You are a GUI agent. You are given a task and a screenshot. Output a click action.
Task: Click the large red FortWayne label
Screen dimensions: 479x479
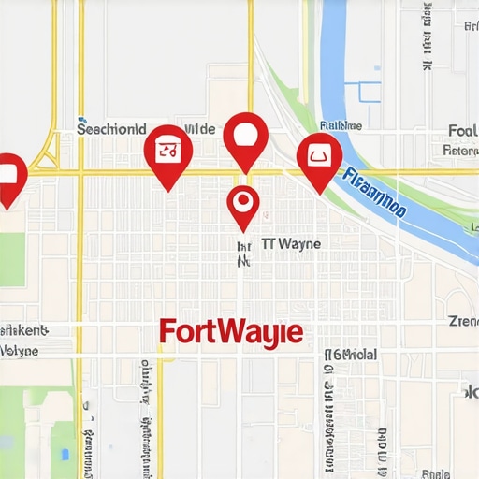(x=230, y=332)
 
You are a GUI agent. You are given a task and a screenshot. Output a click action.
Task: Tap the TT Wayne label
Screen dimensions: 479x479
(x=291, y=244)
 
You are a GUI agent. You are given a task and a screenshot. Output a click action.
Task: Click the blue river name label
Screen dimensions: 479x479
(x=374, y=193)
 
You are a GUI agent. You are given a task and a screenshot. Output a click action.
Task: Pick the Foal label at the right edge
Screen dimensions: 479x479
(x=462, y=131)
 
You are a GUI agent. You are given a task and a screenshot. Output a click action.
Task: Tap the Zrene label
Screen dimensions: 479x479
(x=463, y=321)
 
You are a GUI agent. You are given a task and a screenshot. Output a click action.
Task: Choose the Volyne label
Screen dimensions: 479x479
(x=19, y=351)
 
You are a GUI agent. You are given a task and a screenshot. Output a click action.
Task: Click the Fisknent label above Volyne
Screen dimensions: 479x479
(x=22, y=330)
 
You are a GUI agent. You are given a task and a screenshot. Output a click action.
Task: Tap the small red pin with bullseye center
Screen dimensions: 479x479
(x=243, y=204)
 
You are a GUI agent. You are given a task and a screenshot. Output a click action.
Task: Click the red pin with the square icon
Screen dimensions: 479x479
(x=168, y=150)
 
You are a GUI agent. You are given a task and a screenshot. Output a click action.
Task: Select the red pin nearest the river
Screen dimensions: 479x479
(x=318, y=157)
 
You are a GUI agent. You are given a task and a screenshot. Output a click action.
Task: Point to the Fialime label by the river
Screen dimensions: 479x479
(x=341, y=125)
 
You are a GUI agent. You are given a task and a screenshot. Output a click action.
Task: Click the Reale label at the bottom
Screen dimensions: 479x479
(x=436, y=472)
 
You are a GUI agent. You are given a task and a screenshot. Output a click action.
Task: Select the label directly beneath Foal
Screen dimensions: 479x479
(x=460, y=150)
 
